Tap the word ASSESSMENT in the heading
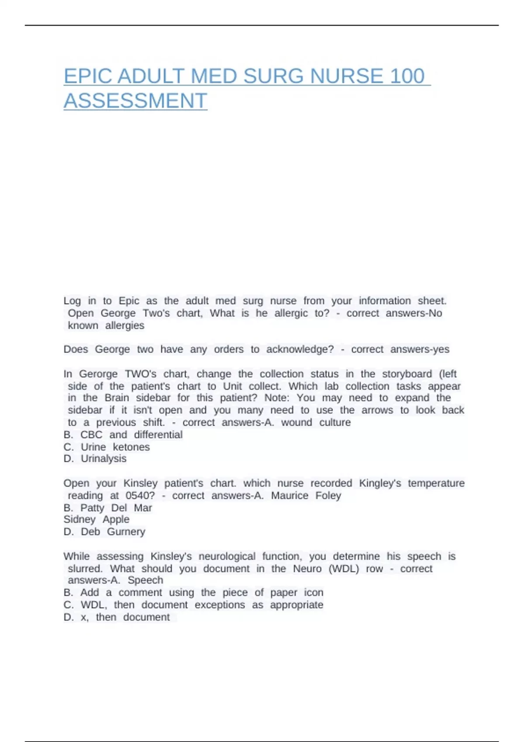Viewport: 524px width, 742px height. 135,101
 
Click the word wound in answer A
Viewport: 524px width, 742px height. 296,423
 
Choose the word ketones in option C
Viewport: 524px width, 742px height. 131,447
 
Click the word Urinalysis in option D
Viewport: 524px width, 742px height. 103,459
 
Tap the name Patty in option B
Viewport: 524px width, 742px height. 92,508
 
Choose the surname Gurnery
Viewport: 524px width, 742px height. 126,532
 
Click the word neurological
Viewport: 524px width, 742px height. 227,556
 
